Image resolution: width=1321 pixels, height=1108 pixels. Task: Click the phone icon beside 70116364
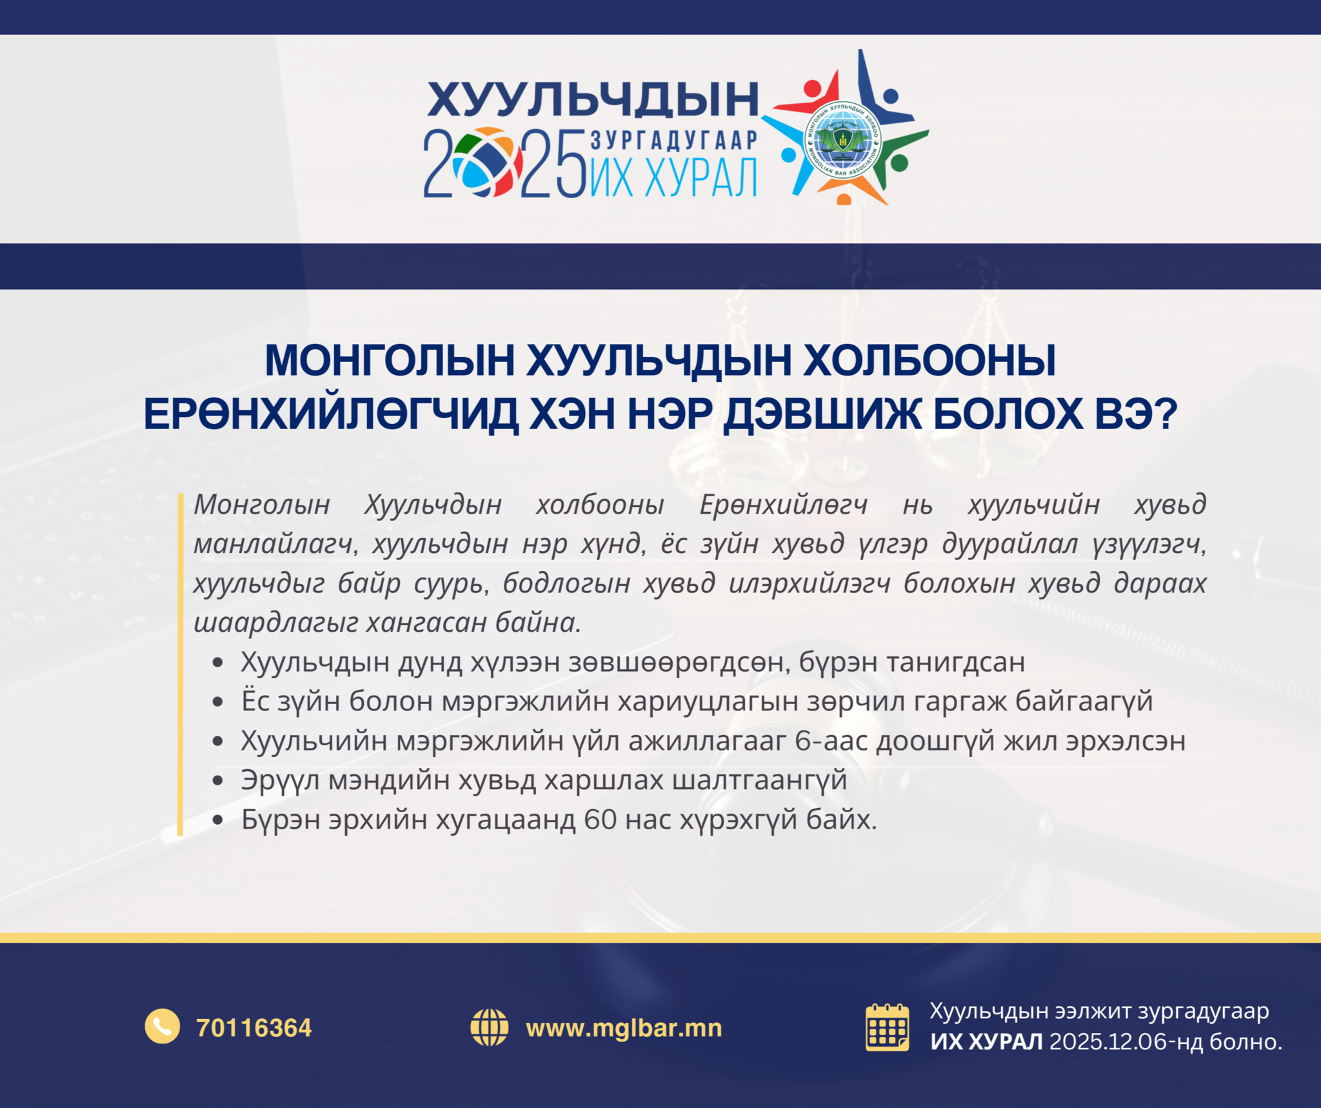pos(163,1025)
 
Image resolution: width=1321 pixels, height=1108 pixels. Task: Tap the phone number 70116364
pos(254,1028)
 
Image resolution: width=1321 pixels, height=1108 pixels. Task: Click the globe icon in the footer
pos(490,1027)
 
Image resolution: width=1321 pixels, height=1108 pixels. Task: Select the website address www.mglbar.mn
pos(624,1028)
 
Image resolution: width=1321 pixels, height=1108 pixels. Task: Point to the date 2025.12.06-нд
pos(1126,1042)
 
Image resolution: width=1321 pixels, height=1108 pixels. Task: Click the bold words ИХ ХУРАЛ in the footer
pos(986,1042)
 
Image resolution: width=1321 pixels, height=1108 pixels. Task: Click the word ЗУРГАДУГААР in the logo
pos(674,140)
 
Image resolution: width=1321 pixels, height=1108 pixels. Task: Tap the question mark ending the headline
pos(1167,414)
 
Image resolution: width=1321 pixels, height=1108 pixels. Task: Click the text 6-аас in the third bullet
pos(831,741)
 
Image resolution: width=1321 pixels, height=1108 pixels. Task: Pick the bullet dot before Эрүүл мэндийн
pos(218,781)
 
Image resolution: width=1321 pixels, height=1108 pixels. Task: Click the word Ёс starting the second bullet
pos(255,701)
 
